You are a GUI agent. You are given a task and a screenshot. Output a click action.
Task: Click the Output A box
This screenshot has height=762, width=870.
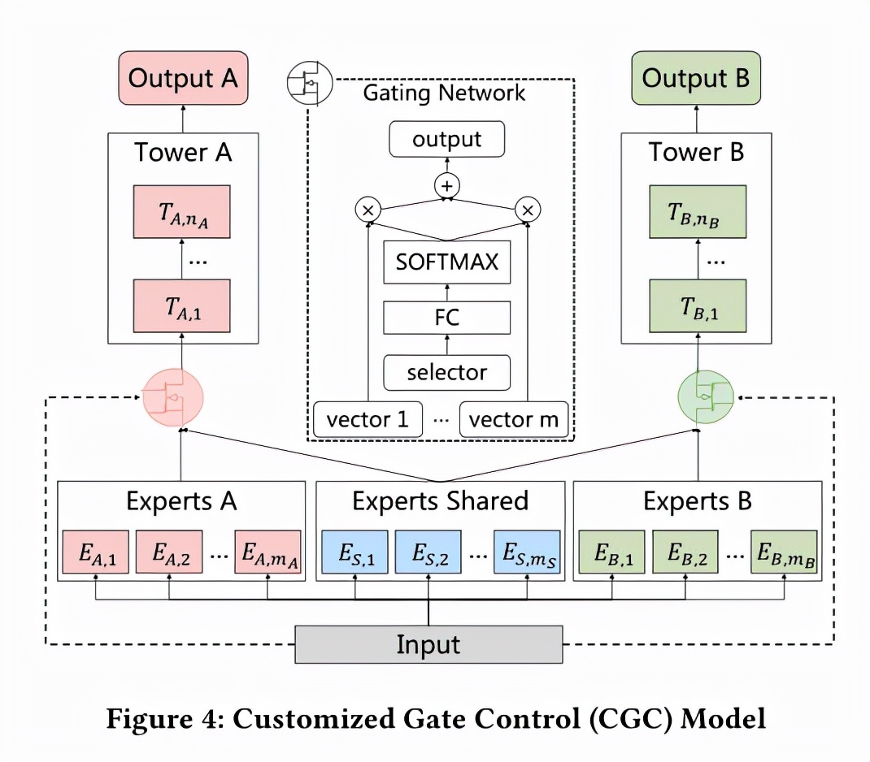[183, 79]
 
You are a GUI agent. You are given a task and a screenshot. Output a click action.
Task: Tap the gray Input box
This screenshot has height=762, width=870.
[428, 645]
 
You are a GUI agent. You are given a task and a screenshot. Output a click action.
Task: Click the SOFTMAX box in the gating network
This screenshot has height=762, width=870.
[446, 262]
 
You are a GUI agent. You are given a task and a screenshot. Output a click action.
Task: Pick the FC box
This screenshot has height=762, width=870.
[446, 317]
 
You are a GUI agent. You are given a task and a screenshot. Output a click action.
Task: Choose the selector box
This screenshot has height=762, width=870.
[446, 372]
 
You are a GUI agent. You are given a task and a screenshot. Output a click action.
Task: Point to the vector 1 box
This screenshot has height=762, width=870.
[368, 420]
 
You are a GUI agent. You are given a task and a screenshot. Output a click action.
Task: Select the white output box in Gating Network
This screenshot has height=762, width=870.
[446, 139]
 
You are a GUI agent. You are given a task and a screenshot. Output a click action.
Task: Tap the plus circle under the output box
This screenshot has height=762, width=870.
[446, 186]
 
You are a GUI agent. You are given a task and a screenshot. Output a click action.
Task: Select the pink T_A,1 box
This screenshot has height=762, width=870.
[183, 305]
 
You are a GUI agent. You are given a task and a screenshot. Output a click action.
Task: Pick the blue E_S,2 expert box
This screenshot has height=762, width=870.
[429, 552]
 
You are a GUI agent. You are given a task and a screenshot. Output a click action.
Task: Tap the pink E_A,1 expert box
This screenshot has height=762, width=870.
[96, 552]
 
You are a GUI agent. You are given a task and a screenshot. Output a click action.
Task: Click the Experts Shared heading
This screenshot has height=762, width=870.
[440, 501]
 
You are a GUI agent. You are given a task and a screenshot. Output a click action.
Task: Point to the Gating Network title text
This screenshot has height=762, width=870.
[444, 93]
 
